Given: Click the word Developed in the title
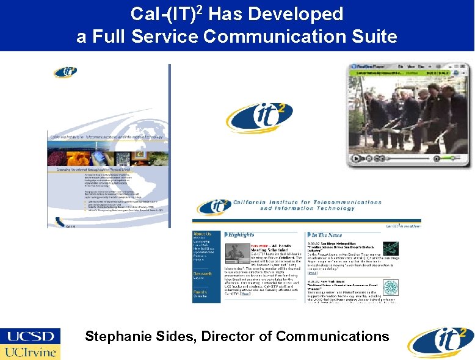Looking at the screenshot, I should click(x=299, y=13).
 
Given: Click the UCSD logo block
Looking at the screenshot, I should click(x=31, y=336).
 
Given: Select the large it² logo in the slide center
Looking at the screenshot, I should click(x=259, y=117).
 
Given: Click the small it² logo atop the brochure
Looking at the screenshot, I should click(x=65, y=72).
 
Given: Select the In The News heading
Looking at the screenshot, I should click(x=330, y=234).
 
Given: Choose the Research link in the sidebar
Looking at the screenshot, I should click(x=203, y=274).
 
